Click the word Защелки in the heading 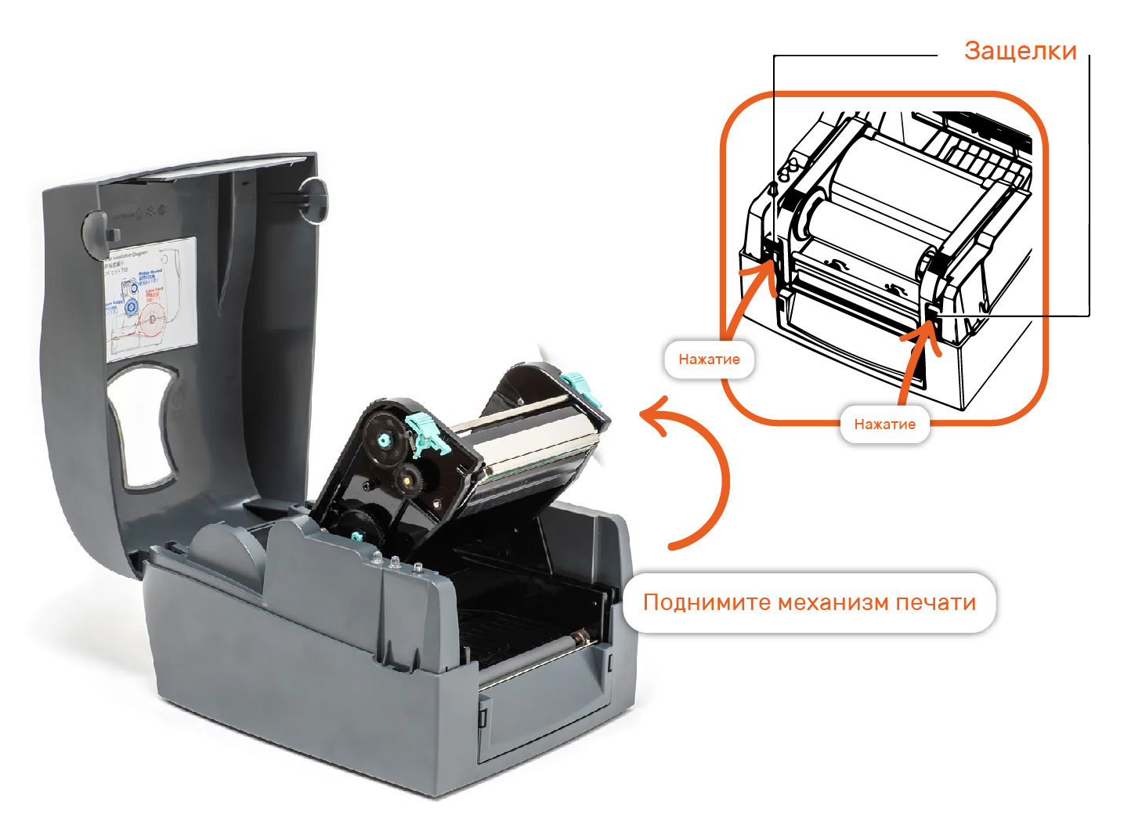coord(1020,51)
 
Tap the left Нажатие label coord(709,359)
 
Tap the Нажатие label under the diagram coord(884,424)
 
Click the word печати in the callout coord(935,603)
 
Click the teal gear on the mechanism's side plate coord(384,437)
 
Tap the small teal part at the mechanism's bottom coord(356,536)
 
